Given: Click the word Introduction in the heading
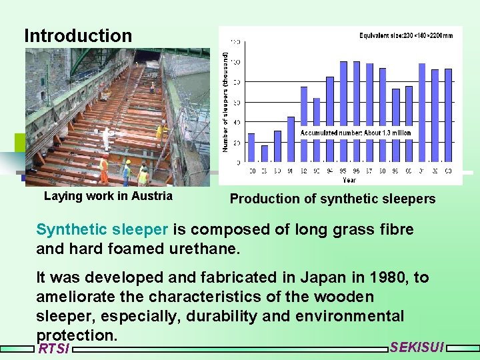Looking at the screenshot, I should point(78,35).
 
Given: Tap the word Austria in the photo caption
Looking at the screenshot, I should point(151,196).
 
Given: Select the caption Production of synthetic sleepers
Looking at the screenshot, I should point(332,199).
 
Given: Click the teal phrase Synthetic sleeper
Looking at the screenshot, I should point(102,230).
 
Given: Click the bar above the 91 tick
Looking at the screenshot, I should point(291,139).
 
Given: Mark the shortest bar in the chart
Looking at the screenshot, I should point(265,153).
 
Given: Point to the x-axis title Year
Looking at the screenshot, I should point(349,180).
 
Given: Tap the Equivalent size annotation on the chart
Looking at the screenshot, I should point(405,35).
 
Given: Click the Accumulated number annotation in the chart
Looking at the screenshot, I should point(355,133).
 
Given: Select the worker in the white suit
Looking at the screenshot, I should point(106,138).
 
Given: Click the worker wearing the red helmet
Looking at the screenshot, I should point(103,169).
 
